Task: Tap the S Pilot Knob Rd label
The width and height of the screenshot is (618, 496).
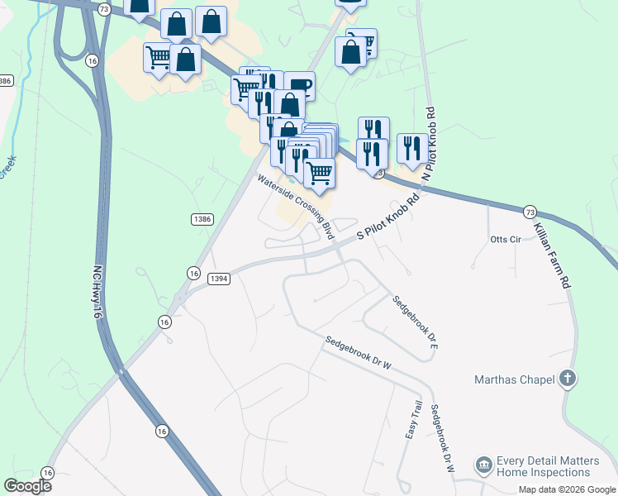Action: coord(387,217)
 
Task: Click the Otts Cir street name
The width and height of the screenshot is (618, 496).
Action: coord(507,240)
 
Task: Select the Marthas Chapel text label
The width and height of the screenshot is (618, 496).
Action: coord(514,380)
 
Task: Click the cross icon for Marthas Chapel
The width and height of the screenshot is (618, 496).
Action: coord(567,379)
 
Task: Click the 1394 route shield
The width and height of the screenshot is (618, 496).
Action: coord(219,279)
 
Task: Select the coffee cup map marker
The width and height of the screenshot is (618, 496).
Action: coord(299,86)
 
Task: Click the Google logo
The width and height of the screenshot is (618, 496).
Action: coord(28,486)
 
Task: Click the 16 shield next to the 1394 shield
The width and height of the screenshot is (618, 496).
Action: coord(193,273)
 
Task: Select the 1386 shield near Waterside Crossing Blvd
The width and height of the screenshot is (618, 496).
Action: coord(202,219)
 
